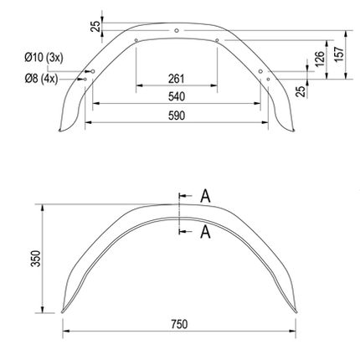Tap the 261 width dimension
[176, 78]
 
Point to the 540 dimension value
[176, 96]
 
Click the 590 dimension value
[176, 116]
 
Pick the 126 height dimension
[319, 58]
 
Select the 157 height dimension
[338, 52]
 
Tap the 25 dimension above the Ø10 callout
[95, 25]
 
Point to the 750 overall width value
[178, 324]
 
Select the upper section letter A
[205, 197]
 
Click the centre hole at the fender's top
[176, 30]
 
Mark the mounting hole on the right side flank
[260, 70]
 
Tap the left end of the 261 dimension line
[136, 85]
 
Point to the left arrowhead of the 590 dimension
[86, 122]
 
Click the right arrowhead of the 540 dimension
[260, 103]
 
